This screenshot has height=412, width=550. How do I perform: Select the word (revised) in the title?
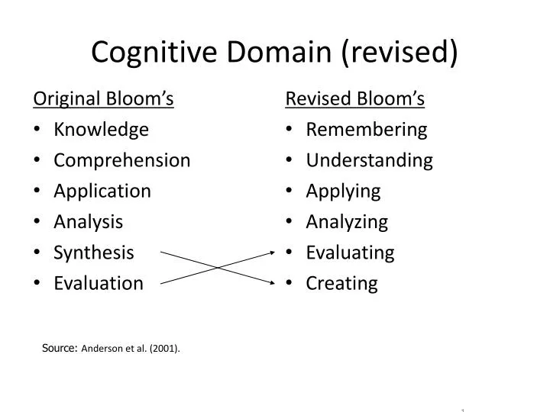pos(401,52)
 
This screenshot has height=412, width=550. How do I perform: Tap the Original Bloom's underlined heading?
pos(103,99)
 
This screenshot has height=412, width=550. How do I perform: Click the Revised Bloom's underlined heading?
pos(354,99)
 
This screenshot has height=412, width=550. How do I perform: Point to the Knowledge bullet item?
pos(101,130)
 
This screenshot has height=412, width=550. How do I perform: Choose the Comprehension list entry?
pos(121,160)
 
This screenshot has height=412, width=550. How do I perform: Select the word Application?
pos(102,191)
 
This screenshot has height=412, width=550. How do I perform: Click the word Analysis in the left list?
pos(88,222)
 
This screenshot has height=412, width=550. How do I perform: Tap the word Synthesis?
pos(93,253)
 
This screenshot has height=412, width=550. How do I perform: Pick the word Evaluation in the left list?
pos(98,283)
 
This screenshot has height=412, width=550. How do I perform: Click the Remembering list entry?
pos(366,130)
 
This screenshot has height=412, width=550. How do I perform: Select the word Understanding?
pos(369,160)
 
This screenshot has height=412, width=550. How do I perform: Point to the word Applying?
pos(343,191)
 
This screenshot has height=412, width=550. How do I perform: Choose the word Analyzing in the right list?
pos(347,222)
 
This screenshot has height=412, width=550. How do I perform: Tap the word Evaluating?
pos(350,253)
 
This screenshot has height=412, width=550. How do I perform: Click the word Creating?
pos(341,283)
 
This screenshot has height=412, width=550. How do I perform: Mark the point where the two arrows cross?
pos(218,267)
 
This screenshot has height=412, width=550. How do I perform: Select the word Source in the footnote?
pos(58,348)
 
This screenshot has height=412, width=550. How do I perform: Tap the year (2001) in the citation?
pos(164,349)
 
